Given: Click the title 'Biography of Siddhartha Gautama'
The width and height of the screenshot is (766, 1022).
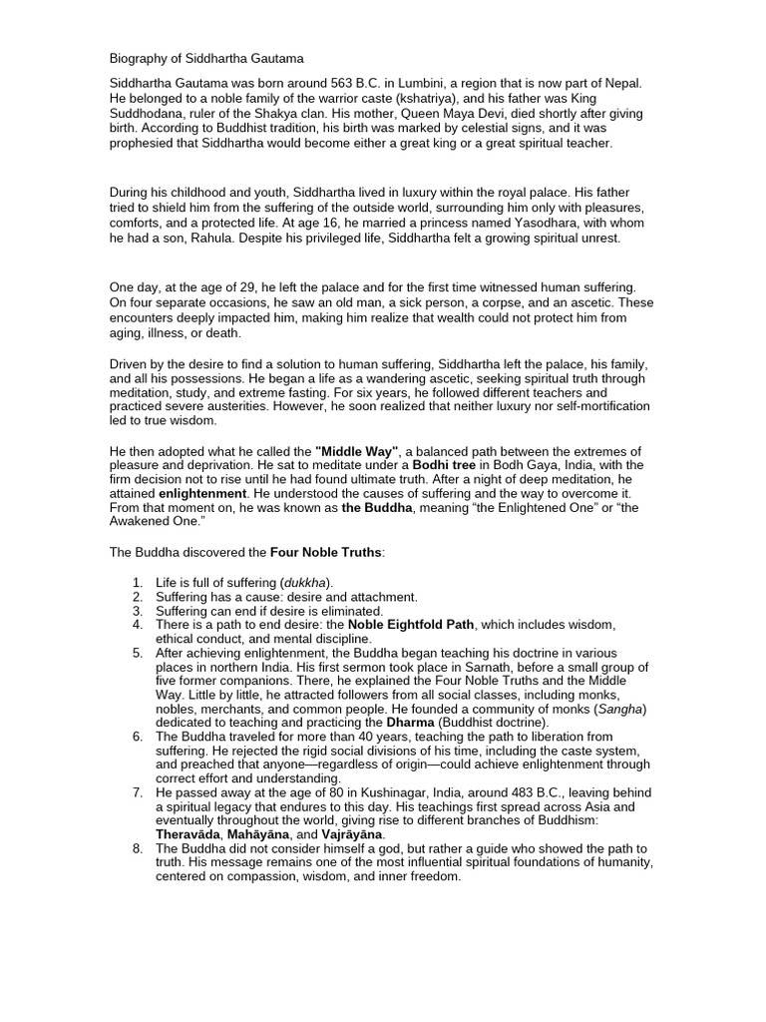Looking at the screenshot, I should pyautogui.click(x=206, y=59).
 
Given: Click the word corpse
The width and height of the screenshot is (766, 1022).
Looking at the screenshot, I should pyautogui.click(x=478, y=302).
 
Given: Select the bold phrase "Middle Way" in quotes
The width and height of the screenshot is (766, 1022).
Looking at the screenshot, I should pyautogui.click(x=356, y=452).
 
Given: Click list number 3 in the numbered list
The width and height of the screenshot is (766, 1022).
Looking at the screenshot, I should pyautogui.click(x=137, y=610).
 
